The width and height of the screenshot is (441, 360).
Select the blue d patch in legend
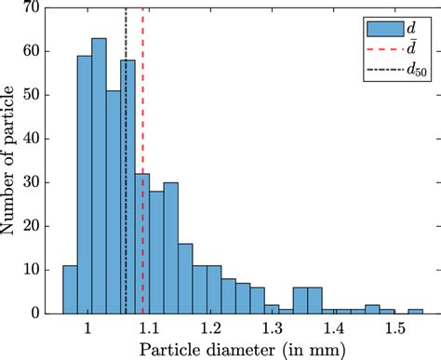tap(379, 25)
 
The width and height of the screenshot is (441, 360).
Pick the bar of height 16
tap(185, 278)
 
